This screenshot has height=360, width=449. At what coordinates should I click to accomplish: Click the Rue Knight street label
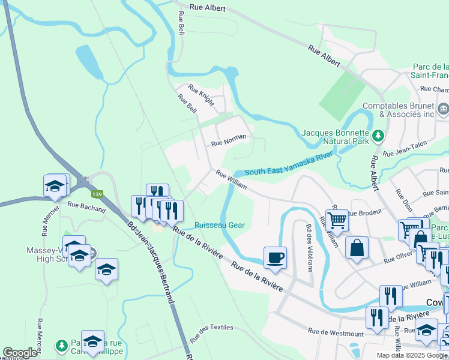pos(201,95)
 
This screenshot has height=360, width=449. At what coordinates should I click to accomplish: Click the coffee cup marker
pos(276,257)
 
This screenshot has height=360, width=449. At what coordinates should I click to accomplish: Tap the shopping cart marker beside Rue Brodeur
pos(337,220)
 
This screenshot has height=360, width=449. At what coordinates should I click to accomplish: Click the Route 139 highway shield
pos(97,194)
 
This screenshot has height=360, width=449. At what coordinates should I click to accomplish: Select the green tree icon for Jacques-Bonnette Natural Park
pos(378,136)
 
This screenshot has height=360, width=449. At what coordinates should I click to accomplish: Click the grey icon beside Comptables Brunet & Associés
pos(443,109)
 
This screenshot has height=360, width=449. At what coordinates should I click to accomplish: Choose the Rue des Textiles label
pos(211,333)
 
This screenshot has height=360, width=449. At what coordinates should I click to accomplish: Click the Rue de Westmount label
pos(336,333)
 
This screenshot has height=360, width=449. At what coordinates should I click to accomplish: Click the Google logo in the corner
pos(20,353)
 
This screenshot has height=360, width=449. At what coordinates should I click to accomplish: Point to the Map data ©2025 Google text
pos(412,355)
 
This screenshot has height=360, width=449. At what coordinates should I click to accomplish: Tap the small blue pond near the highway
pos(85,59)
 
